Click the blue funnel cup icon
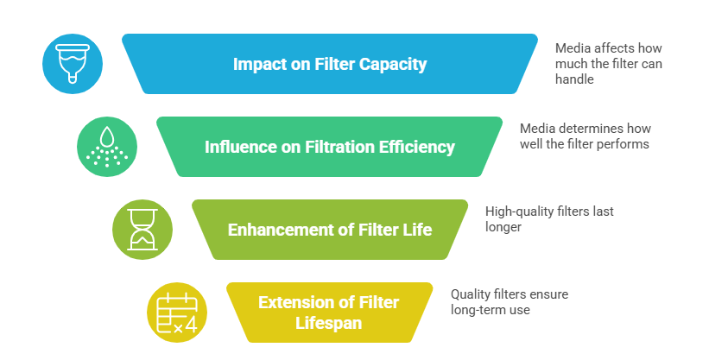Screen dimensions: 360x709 [73, 63]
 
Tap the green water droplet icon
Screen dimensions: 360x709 [107, 146]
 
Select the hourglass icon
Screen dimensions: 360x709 [142, 230]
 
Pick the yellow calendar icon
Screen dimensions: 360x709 [177, 313]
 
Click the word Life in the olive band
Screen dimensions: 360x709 [417, 231]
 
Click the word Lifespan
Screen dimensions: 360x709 [329, 323]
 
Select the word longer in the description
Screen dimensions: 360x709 [503, 227]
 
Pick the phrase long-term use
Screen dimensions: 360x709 [491, 309]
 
